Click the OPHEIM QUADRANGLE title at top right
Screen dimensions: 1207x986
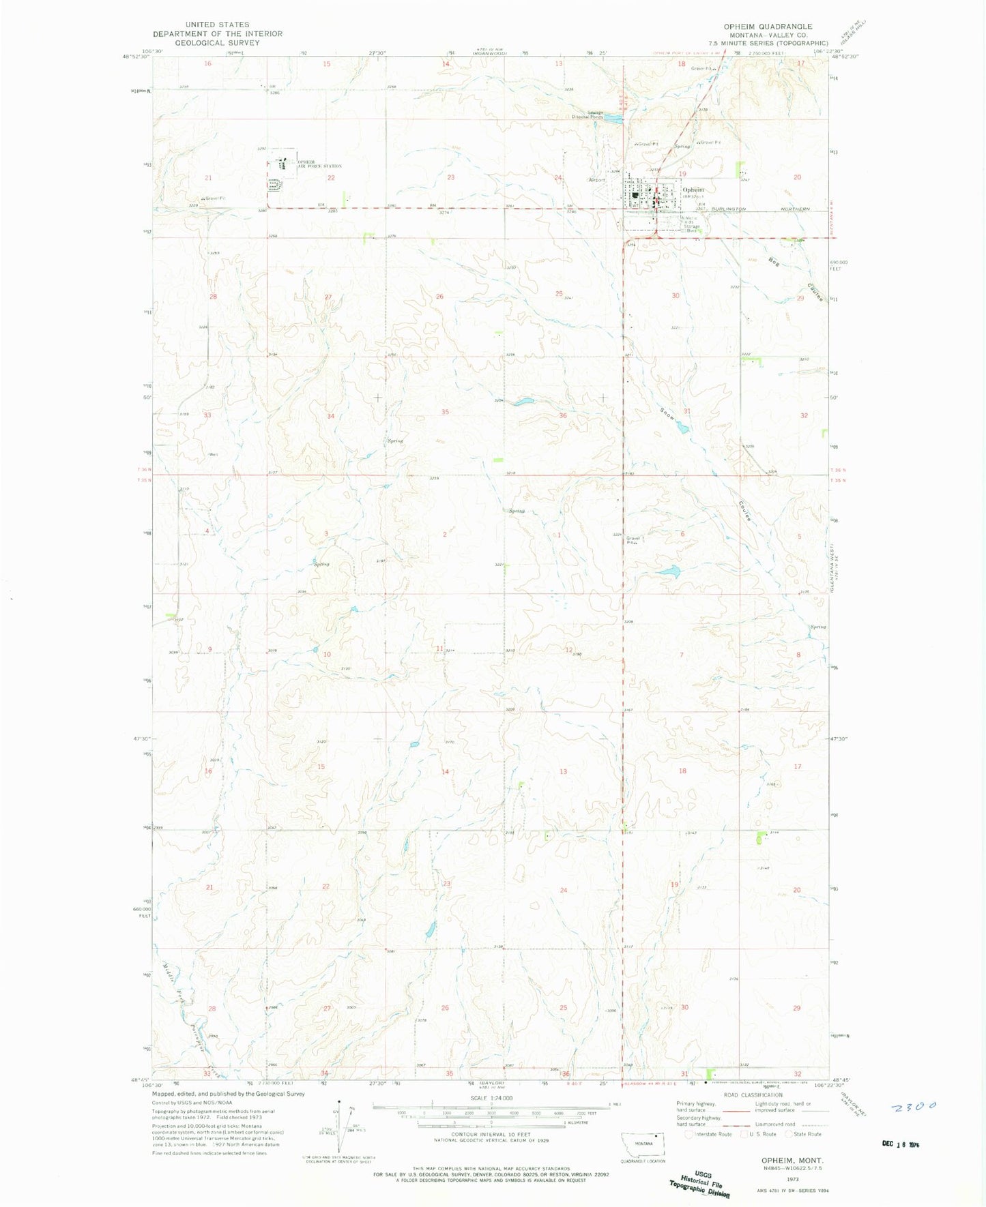[768, 27]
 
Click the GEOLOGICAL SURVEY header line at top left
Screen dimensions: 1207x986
[217, 42]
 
